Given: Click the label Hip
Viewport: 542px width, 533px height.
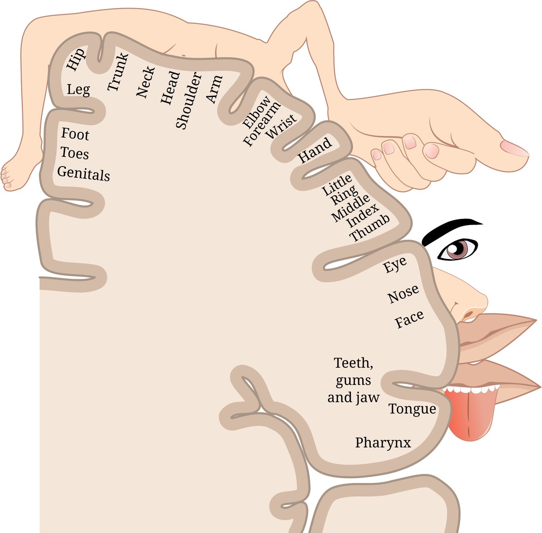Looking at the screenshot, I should tap(76, 60).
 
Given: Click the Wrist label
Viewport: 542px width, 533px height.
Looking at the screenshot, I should tap(281, 126).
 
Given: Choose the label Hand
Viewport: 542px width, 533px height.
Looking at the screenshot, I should tap(315, 150).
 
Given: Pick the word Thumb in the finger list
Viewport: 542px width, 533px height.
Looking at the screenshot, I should tap(369, 228).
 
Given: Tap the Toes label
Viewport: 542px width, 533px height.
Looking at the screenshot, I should tap(75, 153).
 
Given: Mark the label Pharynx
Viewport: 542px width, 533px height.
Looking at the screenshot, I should tap(383, 443).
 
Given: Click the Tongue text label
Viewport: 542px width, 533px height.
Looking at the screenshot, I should tap(412, 409).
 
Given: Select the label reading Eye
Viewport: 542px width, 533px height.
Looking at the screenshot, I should tap(395, 264).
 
